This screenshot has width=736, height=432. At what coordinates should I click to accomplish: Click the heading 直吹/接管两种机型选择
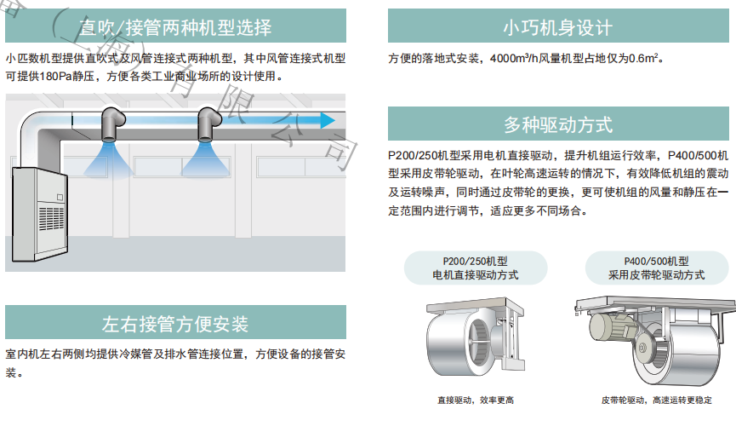[x=175, y=27]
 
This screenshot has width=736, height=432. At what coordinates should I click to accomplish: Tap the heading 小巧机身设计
[x=558, y=27]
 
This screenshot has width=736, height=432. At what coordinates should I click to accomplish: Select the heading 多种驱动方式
[x=558, y=124]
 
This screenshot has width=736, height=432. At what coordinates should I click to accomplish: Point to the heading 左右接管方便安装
[x=175, y=324]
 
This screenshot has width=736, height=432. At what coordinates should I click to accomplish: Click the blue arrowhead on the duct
[x=328, y=120]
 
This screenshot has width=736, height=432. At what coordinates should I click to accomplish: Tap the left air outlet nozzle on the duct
[x=112, y=124]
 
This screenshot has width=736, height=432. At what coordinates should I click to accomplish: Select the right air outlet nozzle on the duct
[x=208, y=124]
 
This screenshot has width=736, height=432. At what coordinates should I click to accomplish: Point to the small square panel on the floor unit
[x=60, y=198]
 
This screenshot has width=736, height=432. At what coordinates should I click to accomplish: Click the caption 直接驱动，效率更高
[x=476, y=400]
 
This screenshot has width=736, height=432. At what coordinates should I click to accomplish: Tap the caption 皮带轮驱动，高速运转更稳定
[x=656, y=400]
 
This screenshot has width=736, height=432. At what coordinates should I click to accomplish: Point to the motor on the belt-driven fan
[x=610, y=325]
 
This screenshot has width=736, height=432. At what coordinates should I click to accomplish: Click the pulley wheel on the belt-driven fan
[x=642, y=348]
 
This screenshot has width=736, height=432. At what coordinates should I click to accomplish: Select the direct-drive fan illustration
[x=475, y=337]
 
